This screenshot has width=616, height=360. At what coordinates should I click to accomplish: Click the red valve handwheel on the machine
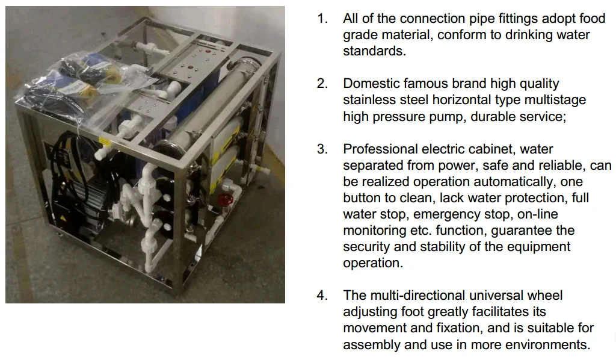click(x=225, y=199)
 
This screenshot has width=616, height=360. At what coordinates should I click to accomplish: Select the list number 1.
click(x=322, y=19)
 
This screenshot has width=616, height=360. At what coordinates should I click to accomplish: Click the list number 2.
click(x=322, y=83)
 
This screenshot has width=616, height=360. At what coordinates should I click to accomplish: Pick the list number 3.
click(x=322, y=149)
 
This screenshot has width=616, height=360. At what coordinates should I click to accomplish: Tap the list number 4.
click(x=322, y=295)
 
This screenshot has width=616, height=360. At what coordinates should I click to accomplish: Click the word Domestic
click(x=371, y=83)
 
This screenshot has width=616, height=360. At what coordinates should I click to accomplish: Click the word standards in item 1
click(x=374, y=51)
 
